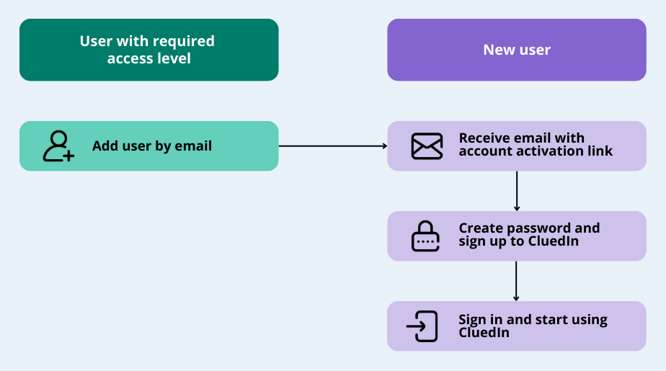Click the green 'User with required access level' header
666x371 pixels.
click(148, 50)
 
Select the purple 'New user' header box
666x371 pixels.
click(516, 50)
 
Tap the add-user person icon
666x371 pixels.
click(58, 146)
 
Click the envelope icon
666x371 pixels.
click(427, 146)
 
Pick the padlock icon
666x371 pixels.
click(425, 236)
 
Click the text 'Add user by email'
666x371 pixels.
click(152, 146)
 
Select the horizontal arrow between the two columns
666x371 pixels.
click(332, 146)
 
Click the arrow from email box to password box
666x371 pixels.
click(517, 191)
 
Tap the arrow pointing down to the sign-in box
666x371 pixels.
click(517, 281)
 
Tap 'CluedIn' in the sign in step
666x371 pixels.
click(484, 332)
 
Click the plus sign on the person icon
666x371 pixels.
click(68, 156)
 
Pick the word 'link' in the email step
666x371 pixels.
click(600, 151)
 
